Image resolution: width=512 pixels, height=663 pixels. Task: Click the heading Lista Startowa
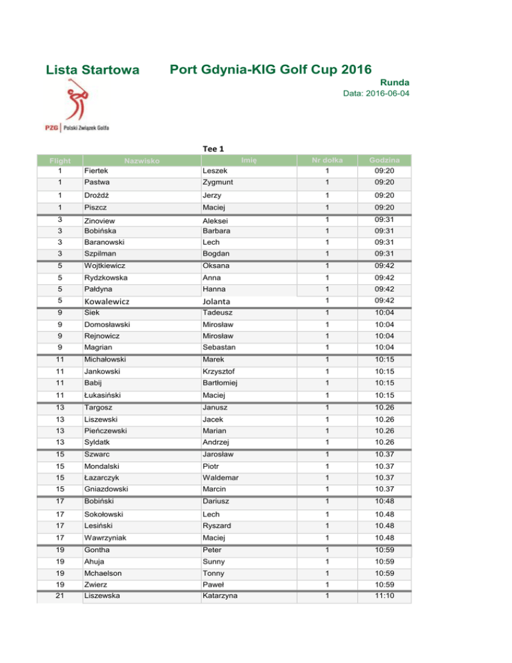pos(92,70)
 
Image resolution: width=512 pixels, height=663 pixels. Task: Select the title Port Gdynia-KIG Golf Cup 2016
pos(271,69)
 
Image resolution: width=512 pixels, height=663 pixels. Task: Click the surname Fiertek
pos(97,171)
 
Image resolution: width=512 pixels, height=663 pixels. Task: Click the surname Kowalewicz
pos(110,301)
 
